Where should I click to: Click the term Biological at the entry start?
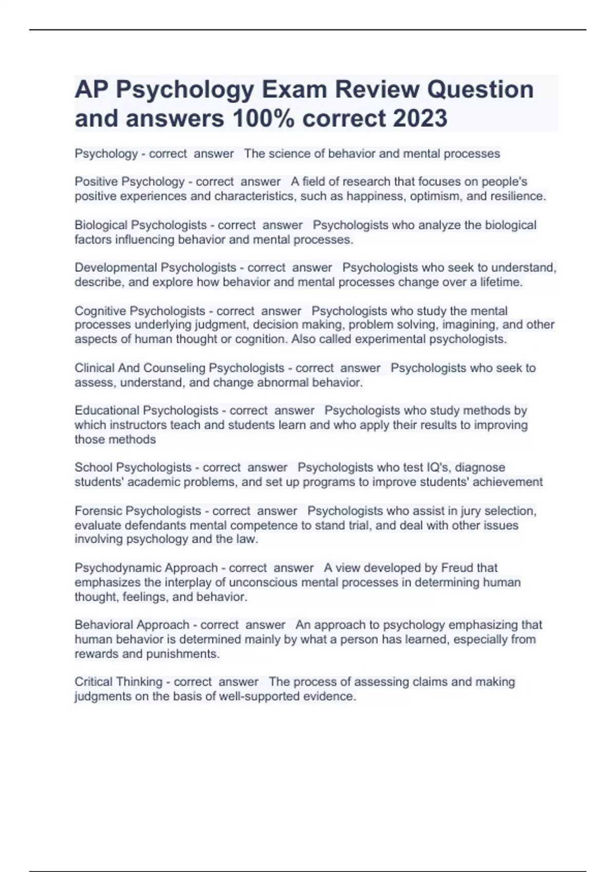[x=101, y=225]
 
